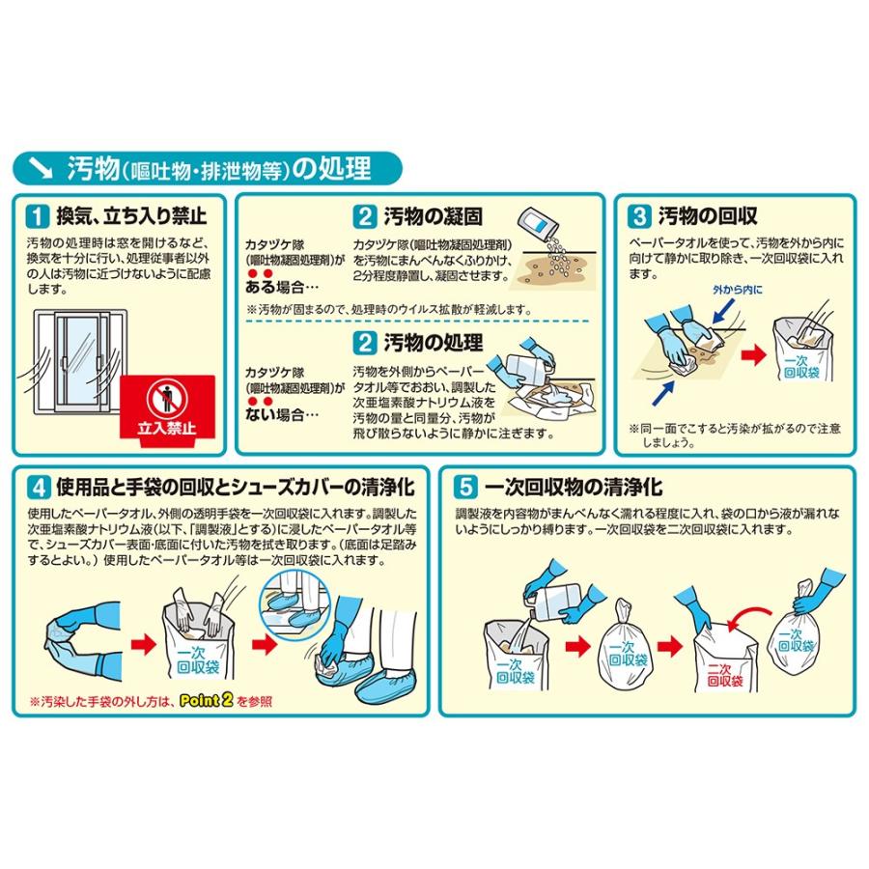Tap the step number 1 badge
[37, 215]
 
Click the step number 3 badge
[639, 215]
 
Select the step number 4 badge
[39, 488]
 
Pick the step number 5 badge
[465, 488]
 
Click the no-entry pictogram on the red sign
[167, 399]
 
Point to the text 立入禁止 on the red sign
[167, 428]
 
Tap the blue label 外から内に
[738, 290]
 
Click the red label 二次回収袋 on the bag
[725, 675]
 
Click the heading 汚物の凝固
[433, 216]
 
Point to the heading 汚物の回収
[708, 215]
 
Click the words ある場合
[275, 287]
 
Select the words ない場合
[275, 414]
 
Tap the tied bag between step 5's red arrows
[624, 647]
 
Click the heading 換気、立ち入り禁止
[131, 215]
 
